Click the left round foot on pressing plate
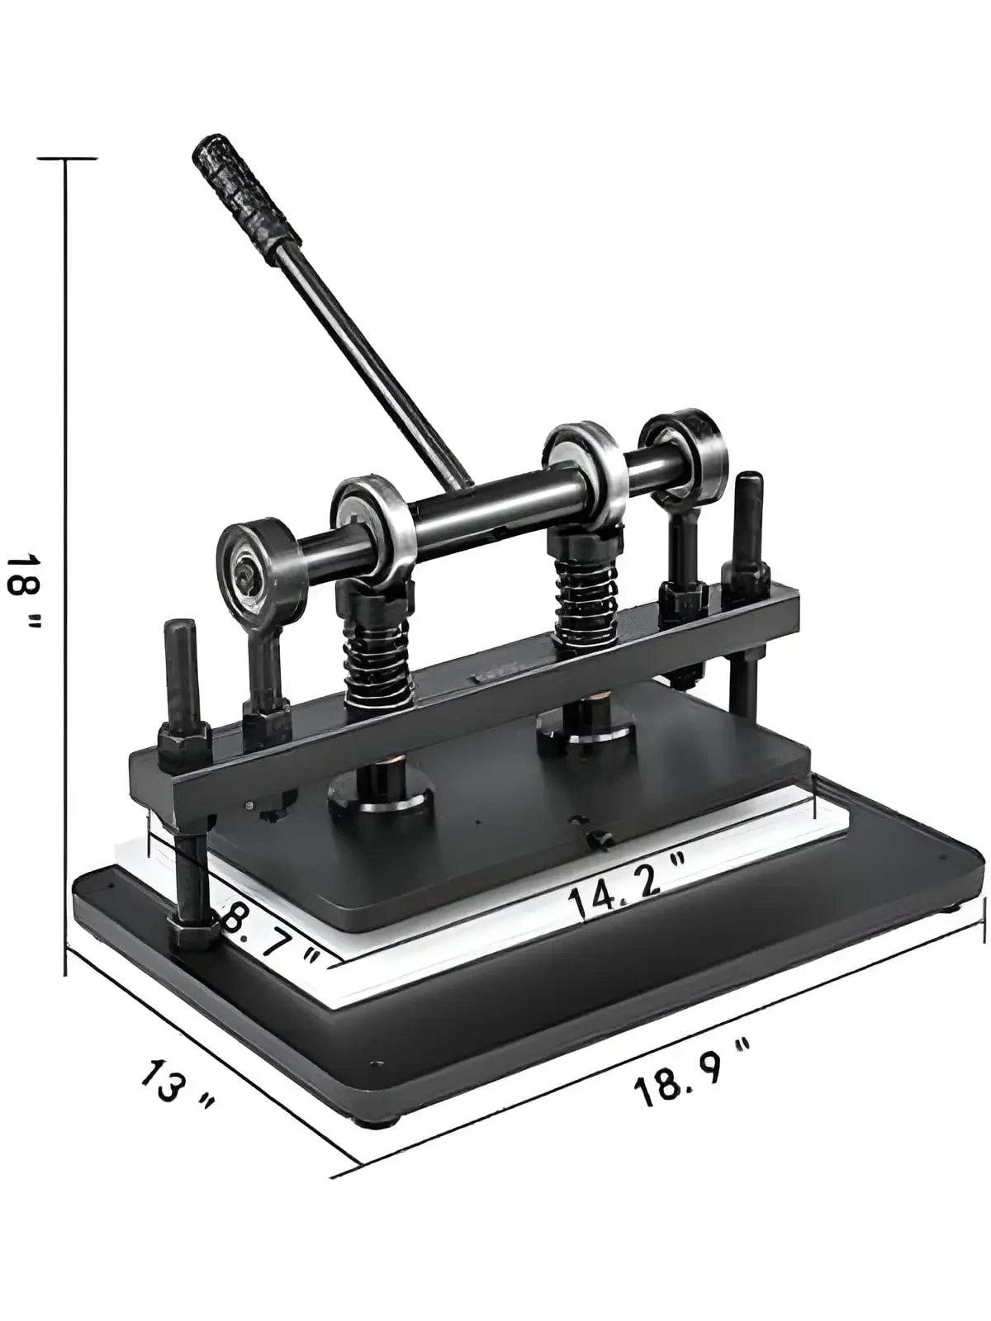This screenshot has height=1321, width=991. click(x=381, y=796)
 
